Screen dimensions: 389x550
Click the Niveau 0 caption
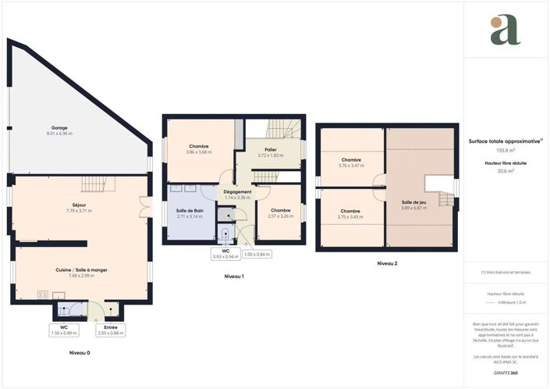(80, 354)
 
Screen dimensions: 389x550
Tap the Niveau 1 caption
(234, 277)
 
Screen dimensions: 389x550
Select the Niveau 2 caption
(387, 264)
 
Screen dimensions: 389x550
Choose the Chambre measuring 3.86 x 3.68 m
(198, 148)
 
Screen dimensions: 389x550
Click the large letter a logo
(505, 30)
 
